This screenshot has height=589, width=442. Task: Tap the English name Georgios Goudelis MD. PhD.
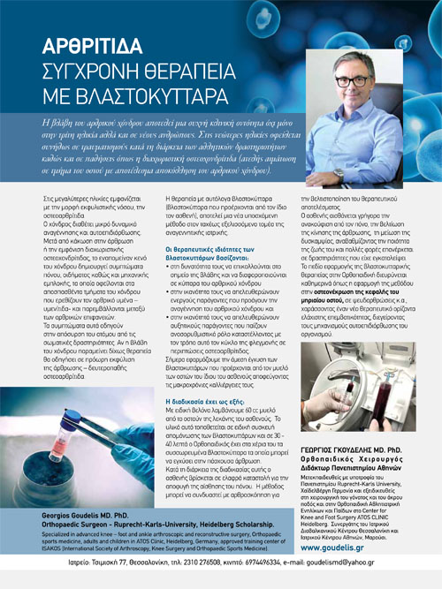[87, 514]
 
